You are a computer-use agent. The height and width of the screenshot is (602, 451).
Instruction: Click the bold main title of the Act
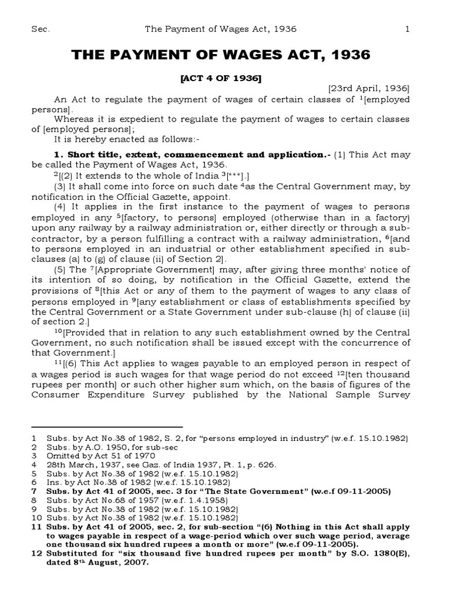click(221, 55)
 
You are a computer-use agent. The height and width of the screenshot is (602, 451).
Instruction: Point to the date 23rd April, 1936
click(372, 89)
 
